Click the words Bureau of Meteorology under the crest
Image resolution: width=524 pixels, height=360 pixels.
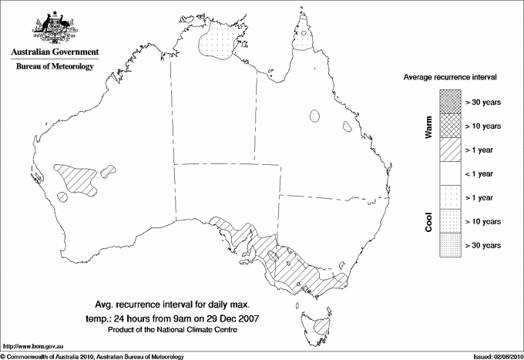[x=55, y=67]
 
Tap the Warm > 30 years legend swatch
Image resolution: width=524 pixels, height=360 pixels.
[x=450, y=101]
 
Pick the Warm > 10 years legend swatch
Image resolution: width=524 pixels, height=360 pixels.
[x=450, y=125]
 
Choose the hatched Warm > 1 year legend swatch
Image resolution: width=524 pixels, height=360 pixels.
[x=450, y=149]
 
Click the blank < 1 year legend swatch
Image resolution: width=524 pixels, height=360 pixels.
[x=450, y=173]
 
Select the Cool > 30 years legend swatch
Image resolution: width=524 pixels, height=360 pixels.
[x=450, y=245]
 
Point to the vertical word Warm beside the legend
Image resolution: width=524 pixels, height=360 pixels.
[x=429, y=126]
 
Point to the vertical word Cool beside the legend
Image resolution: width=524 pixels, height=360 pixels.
[x=429, y=221]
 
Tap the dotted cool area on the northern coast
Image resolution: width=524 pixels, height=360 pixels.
[x=221, y=45]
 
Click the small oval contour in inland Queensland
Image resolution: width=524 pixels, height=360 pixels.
[x=314, y=116]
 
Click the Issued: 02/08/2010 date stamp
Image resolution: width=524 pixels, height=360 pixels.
[x=495, y=355]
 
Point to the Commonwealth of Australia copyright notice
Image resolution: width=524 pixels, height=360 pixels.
[x=92, y=355]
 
